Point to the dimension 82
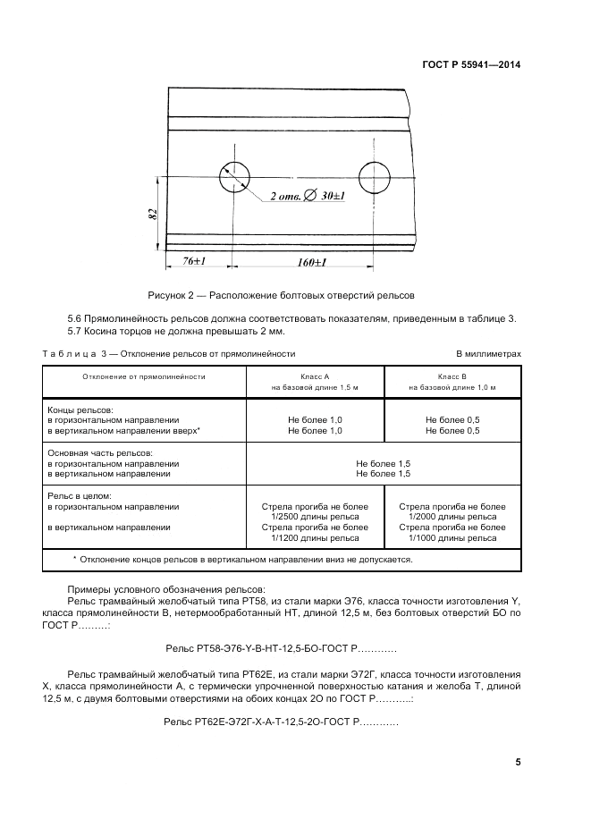point(153,215)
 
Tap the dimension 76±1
point(195,261)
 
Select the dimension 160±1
point(310,262)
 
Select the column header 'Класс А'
point(314,376)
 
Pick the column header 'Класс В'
point(452,376)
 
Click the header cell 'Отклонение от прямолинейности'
point(144,376)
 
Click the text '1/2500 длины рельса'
point(315,517)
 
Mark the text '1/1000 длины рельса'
point(452,538)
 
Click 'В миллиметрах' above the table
point(488,354)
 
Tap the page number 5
point(518,762)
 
